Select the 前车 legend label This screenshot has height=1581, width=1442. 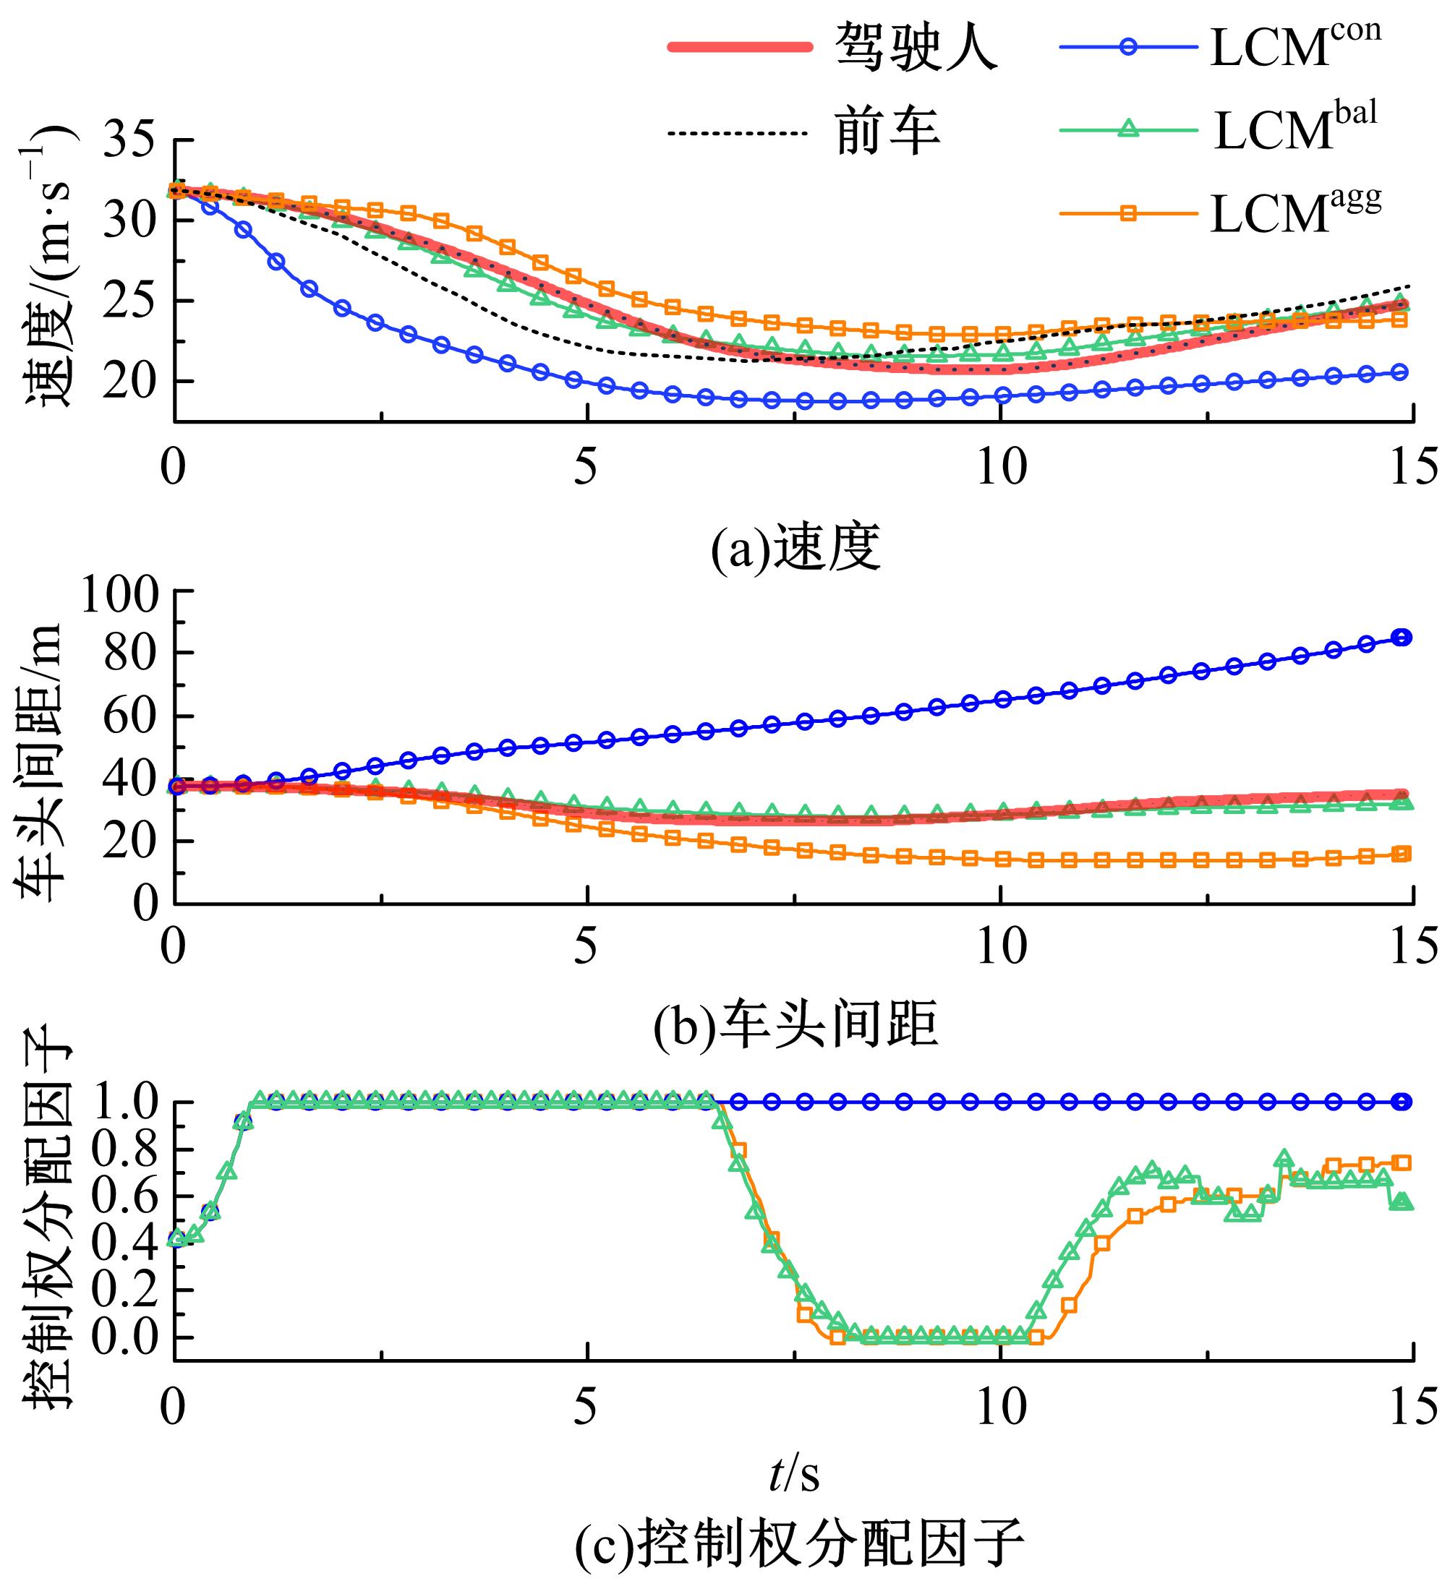(x=888, y=132)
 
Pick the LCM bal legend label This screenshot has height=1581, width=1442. (x=1295, y=129)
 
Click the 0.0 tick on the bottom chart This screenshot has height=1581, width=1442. (x=124, y=1338)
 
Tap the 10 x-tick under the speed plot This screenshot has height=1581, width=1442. (x=1001, y=469)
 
